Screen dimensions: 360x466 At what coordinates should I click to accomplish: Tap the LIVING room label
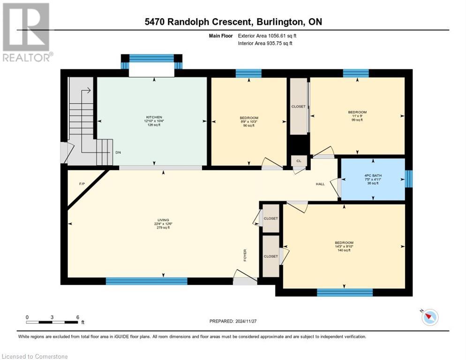[163, 220]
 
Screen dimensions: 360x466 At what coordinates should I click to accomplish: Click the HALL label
[320, 184]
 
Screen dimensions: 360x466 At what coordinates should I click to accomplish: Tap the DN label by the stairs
[118, 153]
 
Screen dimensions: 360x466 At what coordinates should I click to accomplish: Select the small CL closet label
[299, 161]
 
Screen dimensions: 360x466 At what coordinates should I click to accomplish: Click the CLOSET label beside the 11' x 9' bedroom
[298, 106]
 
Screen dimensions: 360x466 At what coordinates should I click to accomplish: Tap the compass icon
[429, 317]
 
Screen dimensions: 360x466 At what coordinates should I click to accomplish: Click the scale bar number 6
[77, 317]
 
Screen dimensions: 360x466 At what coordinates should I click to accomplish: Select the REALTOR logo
[27, 32]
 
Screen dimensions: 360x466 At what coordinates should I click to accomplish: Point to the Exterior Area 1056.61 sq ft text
[265, 35]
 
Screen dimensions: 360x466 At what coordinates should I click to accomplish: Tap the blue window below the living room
[146, 281]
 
